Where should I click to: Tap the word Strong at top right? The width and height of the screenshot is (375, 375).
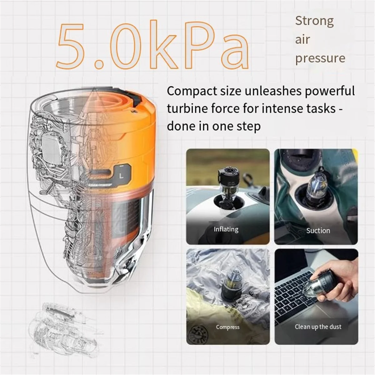(x=314, y=21)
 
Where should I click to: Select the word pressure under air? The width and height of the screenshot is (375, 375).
(x=320, y=58)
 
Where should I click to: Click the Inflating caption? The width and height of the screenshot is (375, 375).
(x=226, y=229)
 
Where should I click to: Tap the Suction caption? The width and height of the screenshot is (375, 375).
(x=318, y=231)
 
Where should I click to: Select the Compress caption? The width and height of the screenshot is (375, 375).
(x=227, y=327)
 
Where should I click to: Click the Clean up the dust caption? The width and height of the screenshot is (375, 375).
(x=318, y=327)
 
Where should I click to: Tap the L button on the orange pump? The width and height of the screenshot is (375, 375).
(x=122, y=176)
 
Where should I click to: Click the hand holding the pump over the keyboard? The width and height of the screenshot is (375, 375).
(x=344, y=281)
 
